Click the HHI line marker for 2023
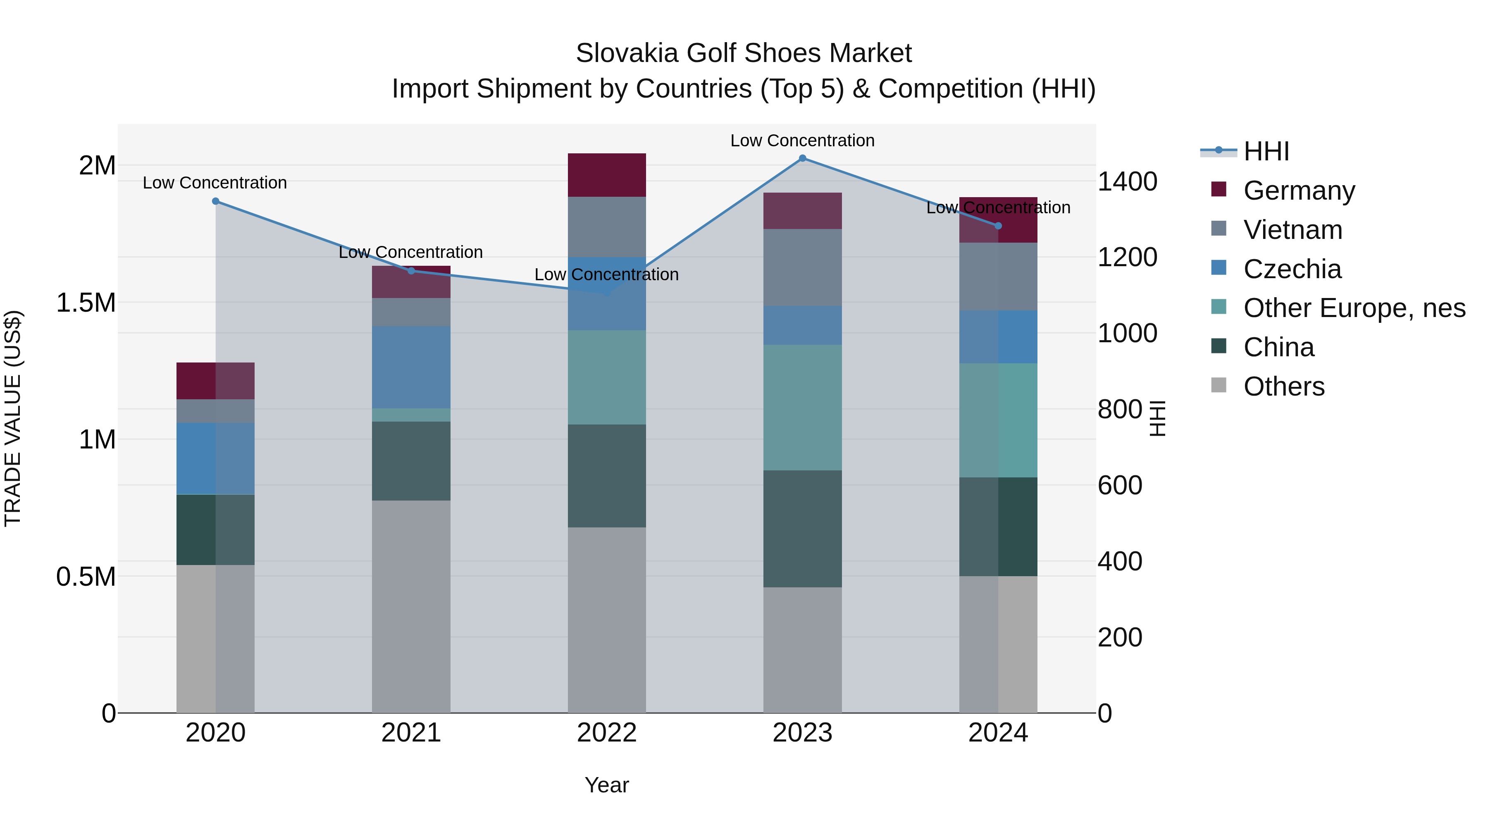coord(802,158)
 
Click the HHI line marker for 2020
coord(215,201)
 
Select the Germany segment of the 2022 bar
coord(606,175)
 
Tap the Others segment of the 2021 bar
coord(411,606)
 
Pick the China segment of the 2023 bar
coord(802,529)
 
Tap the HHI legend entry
coord(1266,151)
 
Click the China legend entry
coord(1278,348)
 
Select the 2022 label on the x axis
coord(606,733)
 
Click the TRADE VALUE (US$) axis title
coord(13,418)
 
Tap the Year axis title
coord(606,785)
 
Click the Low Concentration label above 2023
coord(802,141)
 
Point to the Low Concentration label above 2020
coord(215,183)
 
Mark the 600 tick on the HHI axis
coord(1119,485)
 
